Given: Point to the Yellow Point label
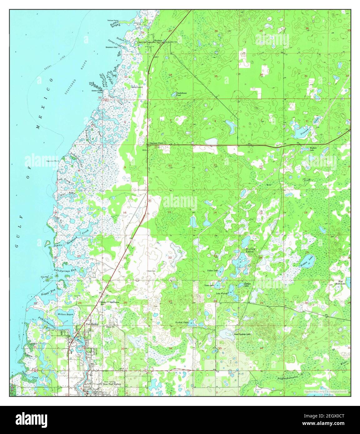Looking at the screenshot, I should [113, 20].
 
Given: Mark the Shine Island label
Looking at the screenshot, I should [137, 87].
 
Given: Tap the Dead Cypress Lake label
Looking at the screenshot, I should [242, 334].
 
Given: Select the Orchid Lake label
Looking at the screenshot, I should [182, 322].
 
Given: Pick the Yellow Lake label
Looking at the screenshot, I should [212, 270].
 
